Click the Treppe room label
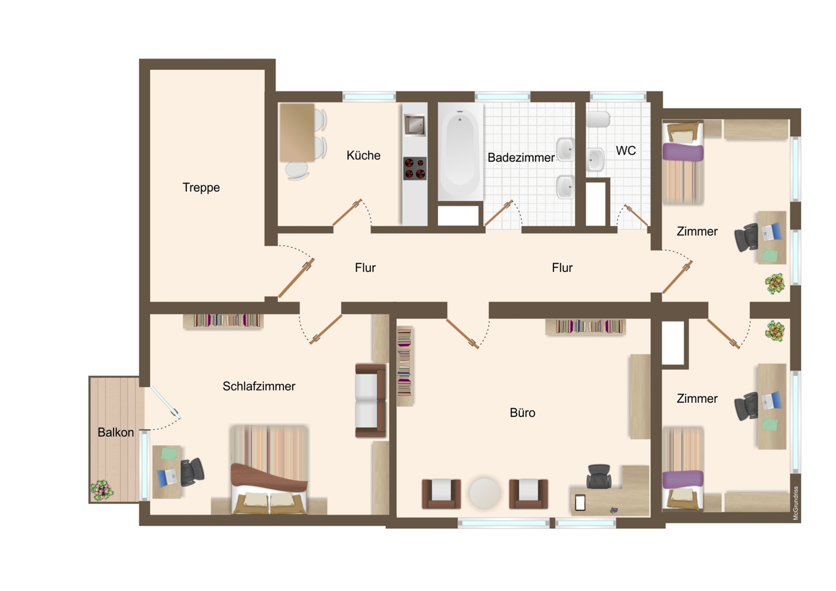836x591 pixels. pyautogui.click(x=201, y=187)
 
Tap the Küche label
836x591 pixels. pyautogui.click(x=363, y=155)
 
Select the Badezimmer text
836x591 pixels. pyautogui.click(x=521, y=157)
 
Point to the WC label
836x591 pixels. pyautogui.click(x=626, y=151)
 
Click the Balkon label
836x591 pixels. pyautogui.click(x=116, y=432)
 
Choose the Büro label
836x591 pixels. pyautogui.click(x=522, y=413)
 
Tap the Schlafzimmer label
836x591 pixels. pyautogui.click(x=259, y=386)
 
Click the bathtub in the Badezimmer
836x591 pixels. pyautogui.click(x=460, y=152)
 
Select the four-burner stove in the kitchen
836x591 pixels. pyautogui.click(x=415, y=169)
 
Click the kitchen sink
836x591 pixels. pyautogui.click(x=415, y=125)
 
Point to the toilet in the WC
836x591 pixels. pyautogui.click(x=598, y=120)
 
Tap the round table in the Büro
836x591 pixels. pyautogui.click(x=485, y=493)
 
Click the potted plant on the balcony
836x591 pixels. pyautogui.click(x=102, y=490)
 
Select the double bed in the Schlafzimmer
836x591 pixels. pyautogui.click(x=269, y=469)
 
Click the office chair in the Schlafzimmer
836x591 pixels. pyautogui.click(x=192, y=472)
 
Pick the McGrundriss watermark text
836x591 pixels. pyautogui.click(x=795, y=503)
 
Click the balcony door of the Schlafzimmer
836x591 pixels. pyautogui.click(x=166, y=403)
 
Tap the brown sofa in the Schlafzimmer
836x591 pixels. pyautogui.click(x=370, y=400)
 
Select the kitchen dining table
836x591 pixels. pyautogui.click(x=297, y=133)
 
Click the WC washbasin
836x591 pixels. pyautogui.click(x=595, y=160)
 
